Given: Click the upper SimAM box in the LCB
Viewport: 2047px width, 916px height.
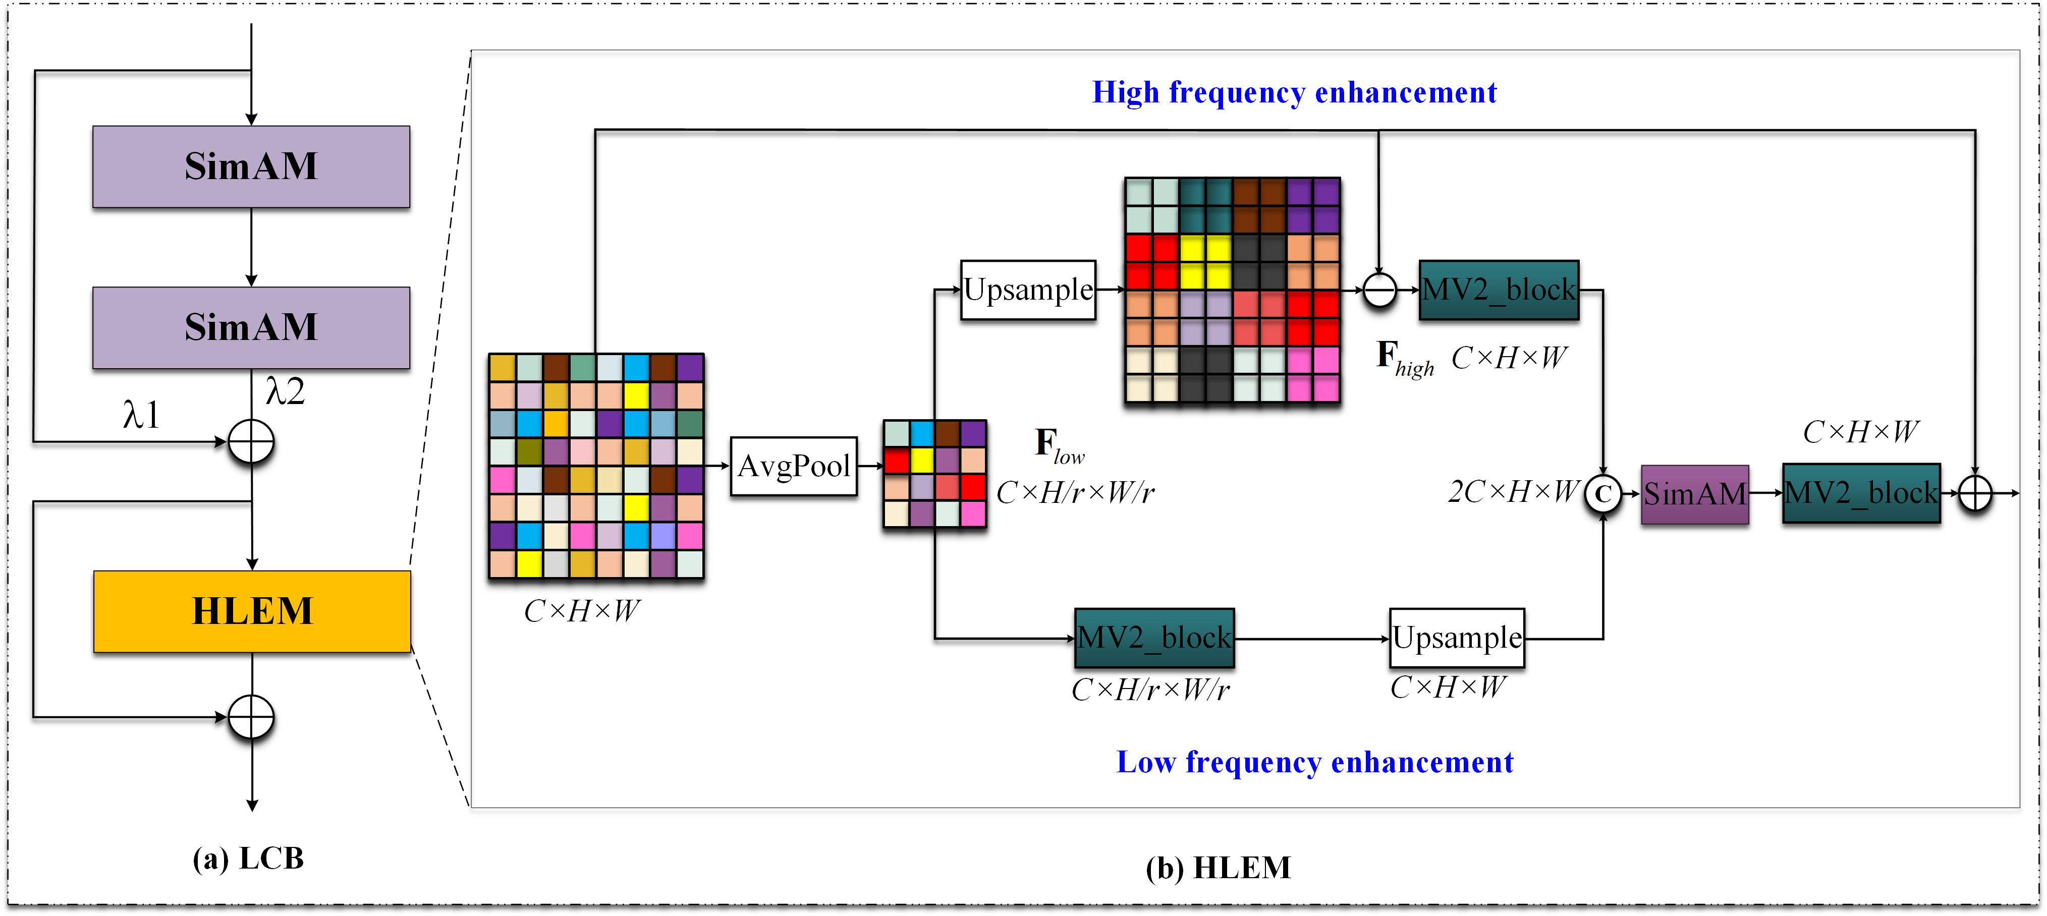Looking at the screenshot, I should point(251,167).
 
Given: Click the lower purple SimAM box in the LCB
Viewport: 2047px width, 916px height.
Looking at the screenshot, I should point(251,327).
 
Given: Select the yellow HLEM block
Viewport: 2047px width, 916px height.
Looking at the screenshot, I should point(252,611).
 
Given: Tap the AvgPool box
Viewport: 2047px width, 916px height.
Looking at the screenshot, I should point(794,467).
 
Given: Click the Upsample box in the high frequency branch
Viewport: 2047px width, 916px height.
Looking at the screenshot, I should point(1028,290).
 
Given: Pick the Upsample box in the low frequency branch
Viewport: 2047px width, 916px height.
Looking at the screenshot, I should point(1457,638).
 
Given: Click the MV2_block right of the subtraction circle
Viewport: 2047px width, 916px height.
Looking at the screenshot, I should point(1499,290).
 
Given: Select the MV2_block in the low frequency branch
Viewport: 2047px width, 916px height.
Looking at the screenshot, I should point(1154,638).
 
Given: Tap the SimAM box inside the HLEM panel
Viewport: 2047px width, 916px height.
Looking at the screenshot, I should point(1695,494).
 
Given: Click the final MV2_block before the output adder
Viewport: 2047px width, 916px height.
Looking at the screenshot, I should point(1861,493).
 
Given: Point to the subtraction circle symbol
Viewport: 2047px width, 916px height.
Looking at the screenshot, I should point(1379,290).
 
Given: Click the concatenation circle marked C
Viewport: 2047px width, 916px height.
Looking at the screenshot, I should point(1603,494).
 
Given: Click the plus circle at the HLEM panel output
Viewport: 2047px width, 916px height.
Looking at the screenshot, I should point(1975,494).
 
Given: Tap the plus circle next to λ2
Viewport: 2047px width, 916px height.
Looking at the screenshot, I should point(251,442).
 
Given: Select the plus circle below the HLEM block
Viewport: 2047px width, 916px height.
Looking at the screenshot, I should point(251,717).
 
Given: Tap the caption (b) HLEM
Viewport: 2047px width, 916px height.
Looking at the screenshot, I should point(1218,868).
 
